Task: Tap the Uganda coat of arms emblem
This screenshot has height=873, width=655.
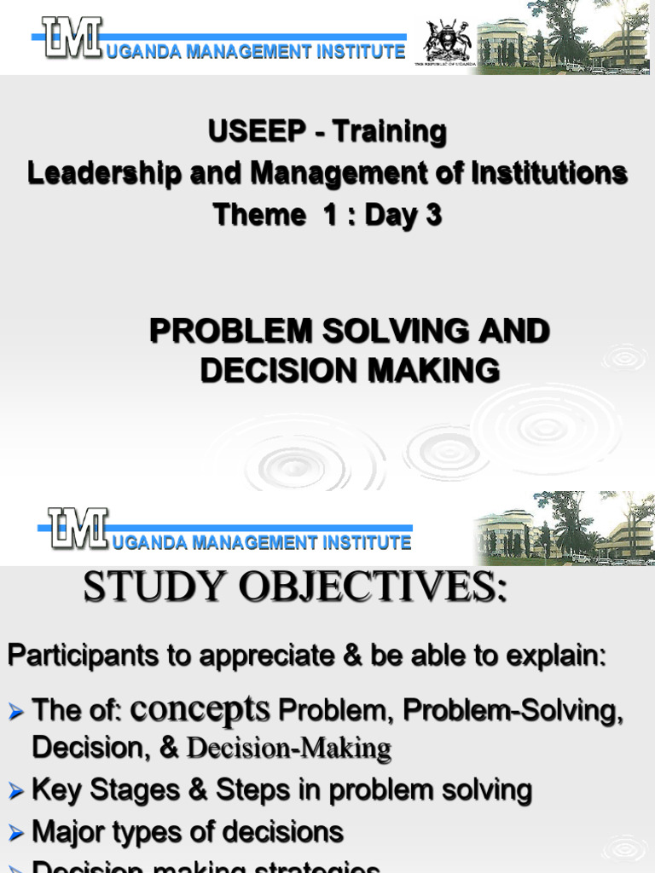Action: click(447, 40)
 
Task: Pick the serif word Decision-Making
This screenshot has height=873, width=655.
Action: click(288, 749)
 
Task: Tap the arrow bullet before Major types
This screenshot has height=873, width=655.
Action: click(16, 834)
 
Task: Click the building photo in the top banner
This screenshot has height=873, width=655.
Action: click(563, 38)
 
